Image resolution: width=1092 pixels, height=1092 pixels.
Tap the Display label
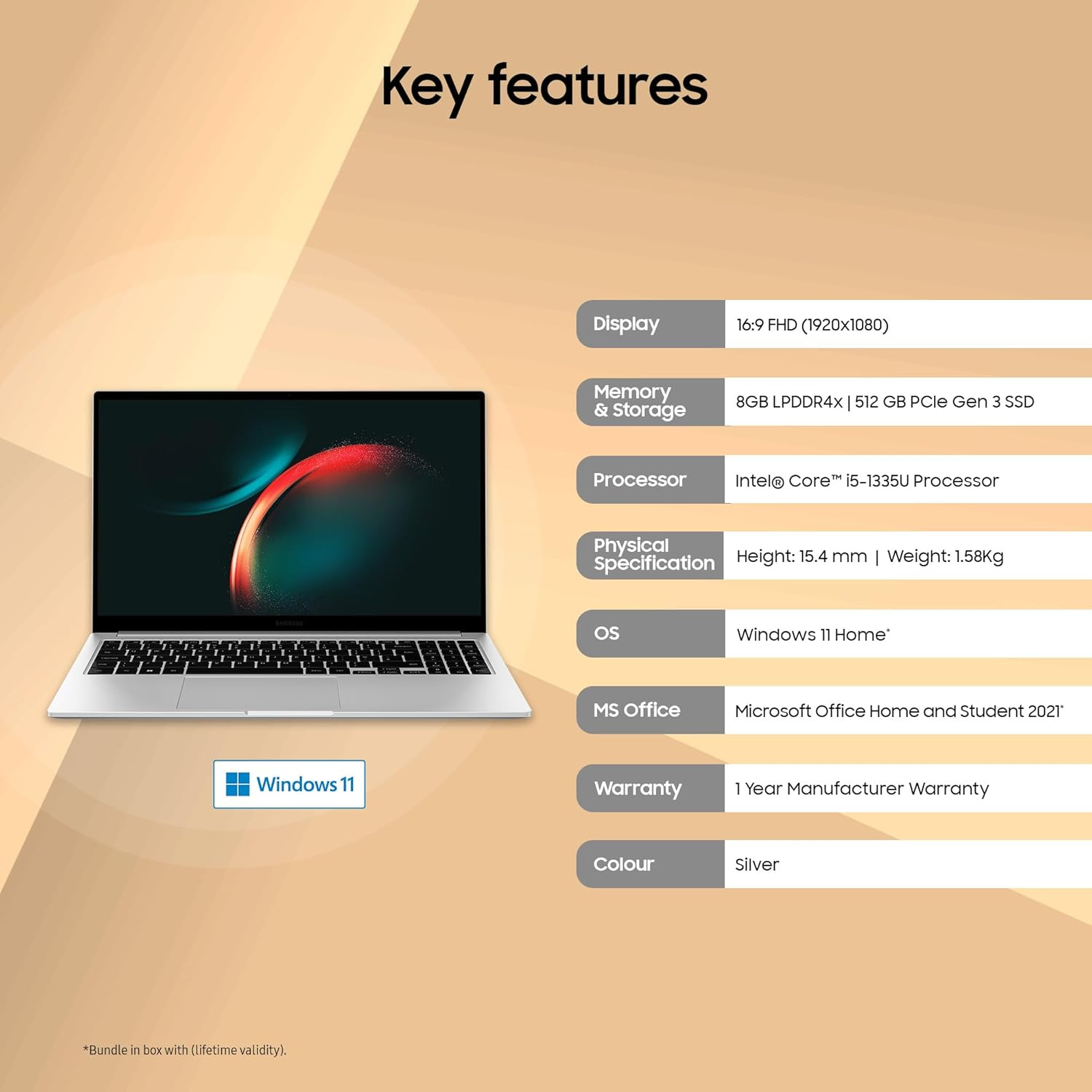(626, 324)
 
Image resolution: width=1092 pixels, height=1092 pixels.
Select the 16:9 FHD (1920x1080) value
(812, 325)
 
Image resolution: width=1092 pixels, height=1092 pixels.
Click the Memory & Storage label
(639, 401)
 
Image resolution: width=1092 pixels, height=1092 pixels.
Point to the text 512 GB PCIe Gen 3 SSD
(943, 402)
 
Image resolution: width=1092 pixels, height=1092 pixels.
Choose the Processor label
(639, 480)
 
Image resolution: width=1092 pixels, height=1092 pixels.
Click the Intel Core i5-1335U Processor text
(866, 480)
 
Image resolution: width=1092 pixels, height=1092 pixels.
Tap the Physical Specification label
(653, 555)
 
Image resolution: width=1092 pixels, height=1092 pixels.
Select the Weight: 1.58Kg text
(945, 556)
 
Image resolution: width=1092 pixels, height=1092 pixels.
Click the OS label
(606, 633)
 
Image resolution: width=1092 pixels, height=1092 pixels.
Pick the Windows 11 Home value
(812, 635)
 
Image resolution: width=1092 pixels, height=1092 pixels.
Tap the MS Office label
(636, 710)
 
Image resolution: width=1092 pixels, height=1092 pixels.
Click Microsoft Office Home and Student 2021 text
(898, 711)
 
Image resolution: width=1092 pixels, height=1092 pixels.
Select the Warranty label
(638, 788)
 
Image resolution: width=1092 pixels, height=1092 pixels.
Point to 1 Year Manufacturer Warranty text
(861, 788)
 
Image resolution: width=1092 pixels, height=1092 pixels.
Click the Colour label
(623, 864)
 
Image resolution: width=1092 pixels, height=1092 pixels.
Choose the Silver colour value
(756, 865)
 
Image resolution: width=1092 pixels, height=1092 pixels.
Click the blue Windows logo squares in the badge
(237, 784)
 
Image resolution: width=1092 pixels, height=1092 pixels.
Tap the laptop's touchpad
(258, 692)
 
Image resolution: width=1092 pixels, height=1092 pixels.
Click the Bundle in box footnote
(185, 1050)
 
